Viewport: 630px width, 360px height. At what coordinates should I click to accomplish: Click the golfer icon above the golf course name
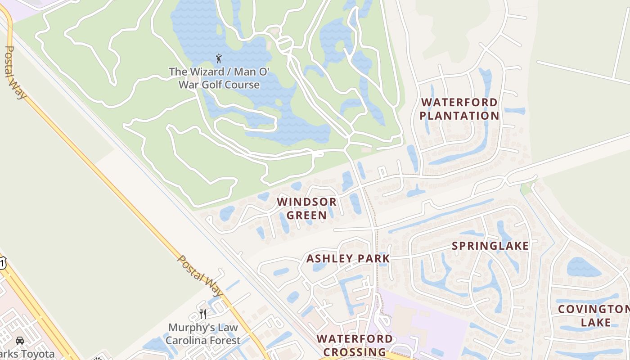[219, 58]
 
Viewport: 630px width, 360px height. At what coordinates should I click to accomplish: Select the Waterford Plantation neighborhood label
[459, 109]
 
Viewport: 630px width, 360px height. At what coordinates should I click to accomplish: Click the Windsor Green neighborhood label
[306, 208]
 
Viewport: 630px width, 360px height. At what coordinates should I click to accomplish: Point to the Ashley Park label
[348, 258]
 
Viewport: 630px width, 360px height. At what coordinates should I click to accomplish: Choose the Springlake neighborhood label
[490, 246]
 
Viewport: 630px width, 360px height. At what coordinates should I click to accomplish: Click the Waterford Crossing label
[354, 345]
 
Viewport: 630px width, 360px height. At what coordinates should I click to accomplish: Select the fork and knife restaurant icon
[203, 314]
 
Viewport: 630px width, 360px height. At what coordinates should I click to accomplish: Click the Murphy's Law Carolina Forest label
[203, 334]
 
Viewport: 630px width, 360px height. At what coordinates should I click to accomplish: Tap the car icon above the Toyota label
[20, 341]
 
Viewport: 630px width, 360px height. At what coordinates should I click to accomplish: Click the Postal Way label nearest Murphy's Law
[200, 277]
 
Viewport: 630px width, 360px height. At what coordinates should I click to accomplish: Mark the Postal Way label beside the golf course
[15, 72]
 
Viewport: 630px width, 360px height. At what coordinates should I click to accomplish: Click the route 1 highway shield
[2, 263]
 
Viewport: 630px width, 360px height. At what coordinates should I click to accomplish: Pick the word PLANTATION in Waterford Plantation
[459, 116]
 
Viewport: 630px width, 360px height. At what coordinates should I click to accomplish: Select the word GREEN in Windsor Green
[306, 215]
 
